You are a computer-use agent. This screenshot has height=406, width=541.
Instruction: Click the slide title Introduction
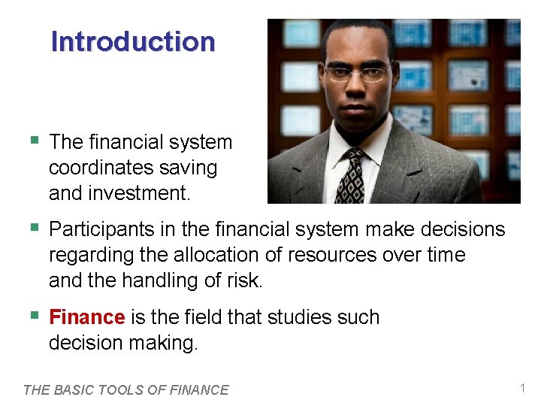click(132, 41)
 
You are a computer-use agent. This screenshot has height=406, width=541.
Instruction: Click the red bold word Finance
click(86, 317)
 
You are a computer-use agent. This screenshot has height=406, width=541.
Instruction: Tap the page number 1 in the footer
click(522, 388)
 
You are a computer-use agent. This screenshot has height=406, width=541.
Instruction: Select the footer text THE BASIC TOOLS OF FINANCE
click(125, 389)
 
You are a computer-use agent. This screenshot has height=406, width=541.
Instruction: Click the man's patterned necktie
click(350, 177)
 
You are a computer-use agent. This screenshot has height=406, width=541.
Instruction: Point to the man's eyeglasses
click(358, 74)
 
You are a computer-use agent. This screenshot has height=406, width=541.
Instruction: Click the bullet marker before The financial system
click(33, 141)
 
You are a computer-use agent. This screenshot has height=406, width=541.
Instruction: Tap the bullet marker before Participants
click(33, 228)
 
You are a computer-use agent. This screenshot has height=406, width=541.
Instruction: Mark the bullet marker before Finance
click(33, 316)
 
